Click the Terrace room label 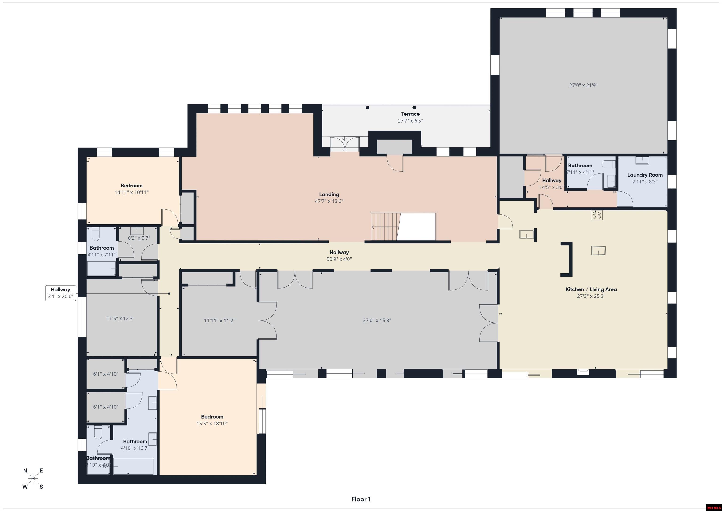(x=410, y=114)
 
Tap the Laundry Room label (x=645, y=175)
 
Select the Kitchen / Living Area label (x=591, y=289)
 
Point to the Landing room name (x=329, y=194)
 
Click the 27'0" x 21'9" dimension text (x=583, y=85)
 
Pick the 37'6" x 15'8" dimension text (x=377, y=320)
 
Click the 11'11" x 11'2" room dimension (x=220, y=321)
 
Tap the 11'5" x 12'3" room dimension (x=120, y=318)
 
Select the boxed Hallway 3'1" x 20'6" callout (x=60, y=293)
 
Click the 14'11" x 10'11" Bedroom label (x=131, y=189)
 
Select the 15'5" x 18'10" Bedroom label (x=212, y=420)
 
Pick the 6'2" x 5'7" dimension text (x=139, y=238)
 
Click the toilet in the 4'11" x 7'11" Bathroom (x=96, y=234)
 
